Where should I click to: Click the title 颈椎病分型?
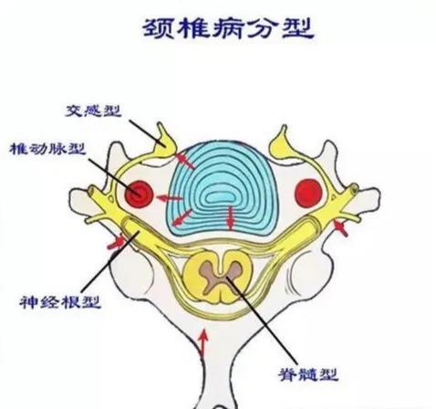(x=228, y=28)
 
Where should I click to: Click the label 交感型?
(x=94, y=111)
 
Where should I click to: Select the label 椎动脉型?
(x=48, y=149)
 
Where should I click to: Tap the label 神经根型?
(x=60, y=302)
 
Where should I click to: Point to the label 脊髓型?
(x=308, y=374)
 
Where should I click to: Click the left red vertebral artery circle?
(x=139, y=194)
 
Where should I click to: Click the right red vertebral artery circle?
(x=309, y=194)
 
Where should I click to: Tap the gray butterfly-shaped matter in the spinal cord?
(x=221, y=274)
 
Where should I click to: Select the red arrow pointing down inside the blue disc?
(x=231, y=217)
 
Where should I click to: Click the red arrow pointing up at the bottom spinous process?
(x=203, y=342)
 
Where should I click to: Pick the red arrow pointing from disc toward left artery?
(x=169, y=199)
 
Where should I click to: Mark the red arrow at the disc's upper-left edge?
(x=184, y=161)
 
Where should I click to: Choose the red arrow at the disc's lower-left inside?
(x=182, y=218)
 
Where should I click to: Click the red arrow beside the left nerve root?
(x=116, y=243)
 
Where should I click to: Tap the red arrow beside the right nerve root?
(x=340, y=228)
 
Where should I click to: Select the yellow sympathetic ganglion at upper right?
(x=280, y=143)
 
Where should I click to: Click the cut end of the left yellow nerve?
(x=91, y=191)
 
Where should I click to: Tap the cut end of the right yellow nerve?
(x=354, y=189)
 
